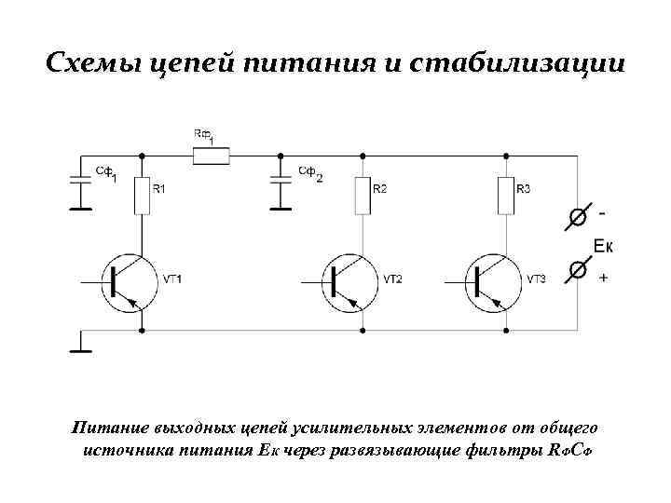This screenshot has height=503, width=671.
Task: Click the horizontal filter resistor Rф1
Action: tap(211, 156)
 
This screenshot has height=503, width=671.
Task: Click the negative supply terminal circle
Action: tap(578, 217)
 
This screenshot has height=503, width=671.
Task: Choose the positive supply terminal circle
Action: tap(578, 270)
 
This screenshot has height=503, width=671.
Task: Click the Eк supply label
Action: tap(603, 246)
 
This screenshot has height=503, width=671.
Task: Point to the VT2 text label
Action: tap(392, 279)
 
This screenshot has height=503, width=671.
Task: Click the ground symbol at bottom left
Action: tap(81, 349)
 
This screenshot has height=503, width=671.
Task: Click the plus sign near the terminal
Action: tap(604, 277)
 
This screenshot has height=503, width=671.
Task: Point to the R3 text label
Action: tap(524, 189)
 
